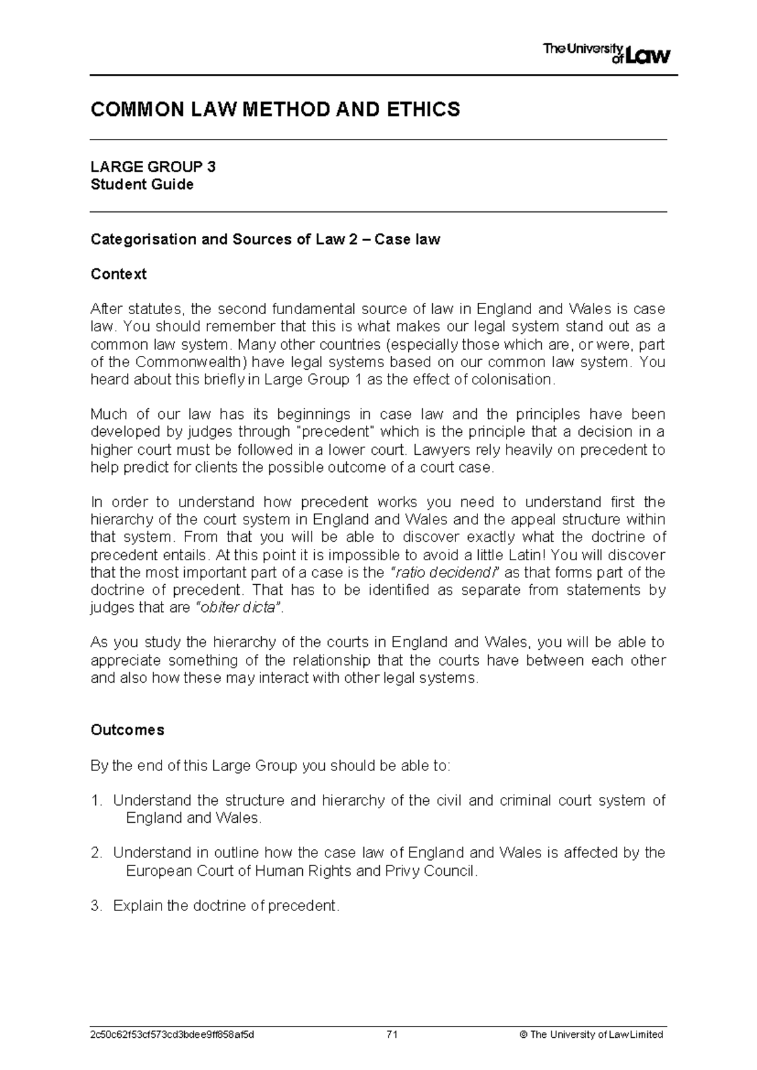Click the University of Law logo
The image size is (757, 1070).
tap(606, 53)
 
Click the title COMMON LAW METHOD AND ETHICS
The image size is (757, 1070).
tap(276, 110)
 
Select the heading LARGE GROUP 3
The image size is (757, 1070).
tap(153, 167)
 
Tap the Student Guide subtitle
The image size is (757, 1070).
tap(142, 185)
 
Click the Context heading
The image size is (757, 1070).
tap(119, 274)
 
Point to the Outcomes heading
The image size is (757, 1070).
tap(127, 730)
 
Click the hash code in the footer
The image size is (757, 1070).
tap(173, 1035)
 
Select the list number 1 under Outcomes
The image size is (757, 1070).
tap(96, 801)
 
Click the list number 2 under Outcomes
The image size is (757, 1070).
tap(96, 853)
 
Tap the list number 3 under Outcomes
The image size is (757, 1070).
tap(96, 906)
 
